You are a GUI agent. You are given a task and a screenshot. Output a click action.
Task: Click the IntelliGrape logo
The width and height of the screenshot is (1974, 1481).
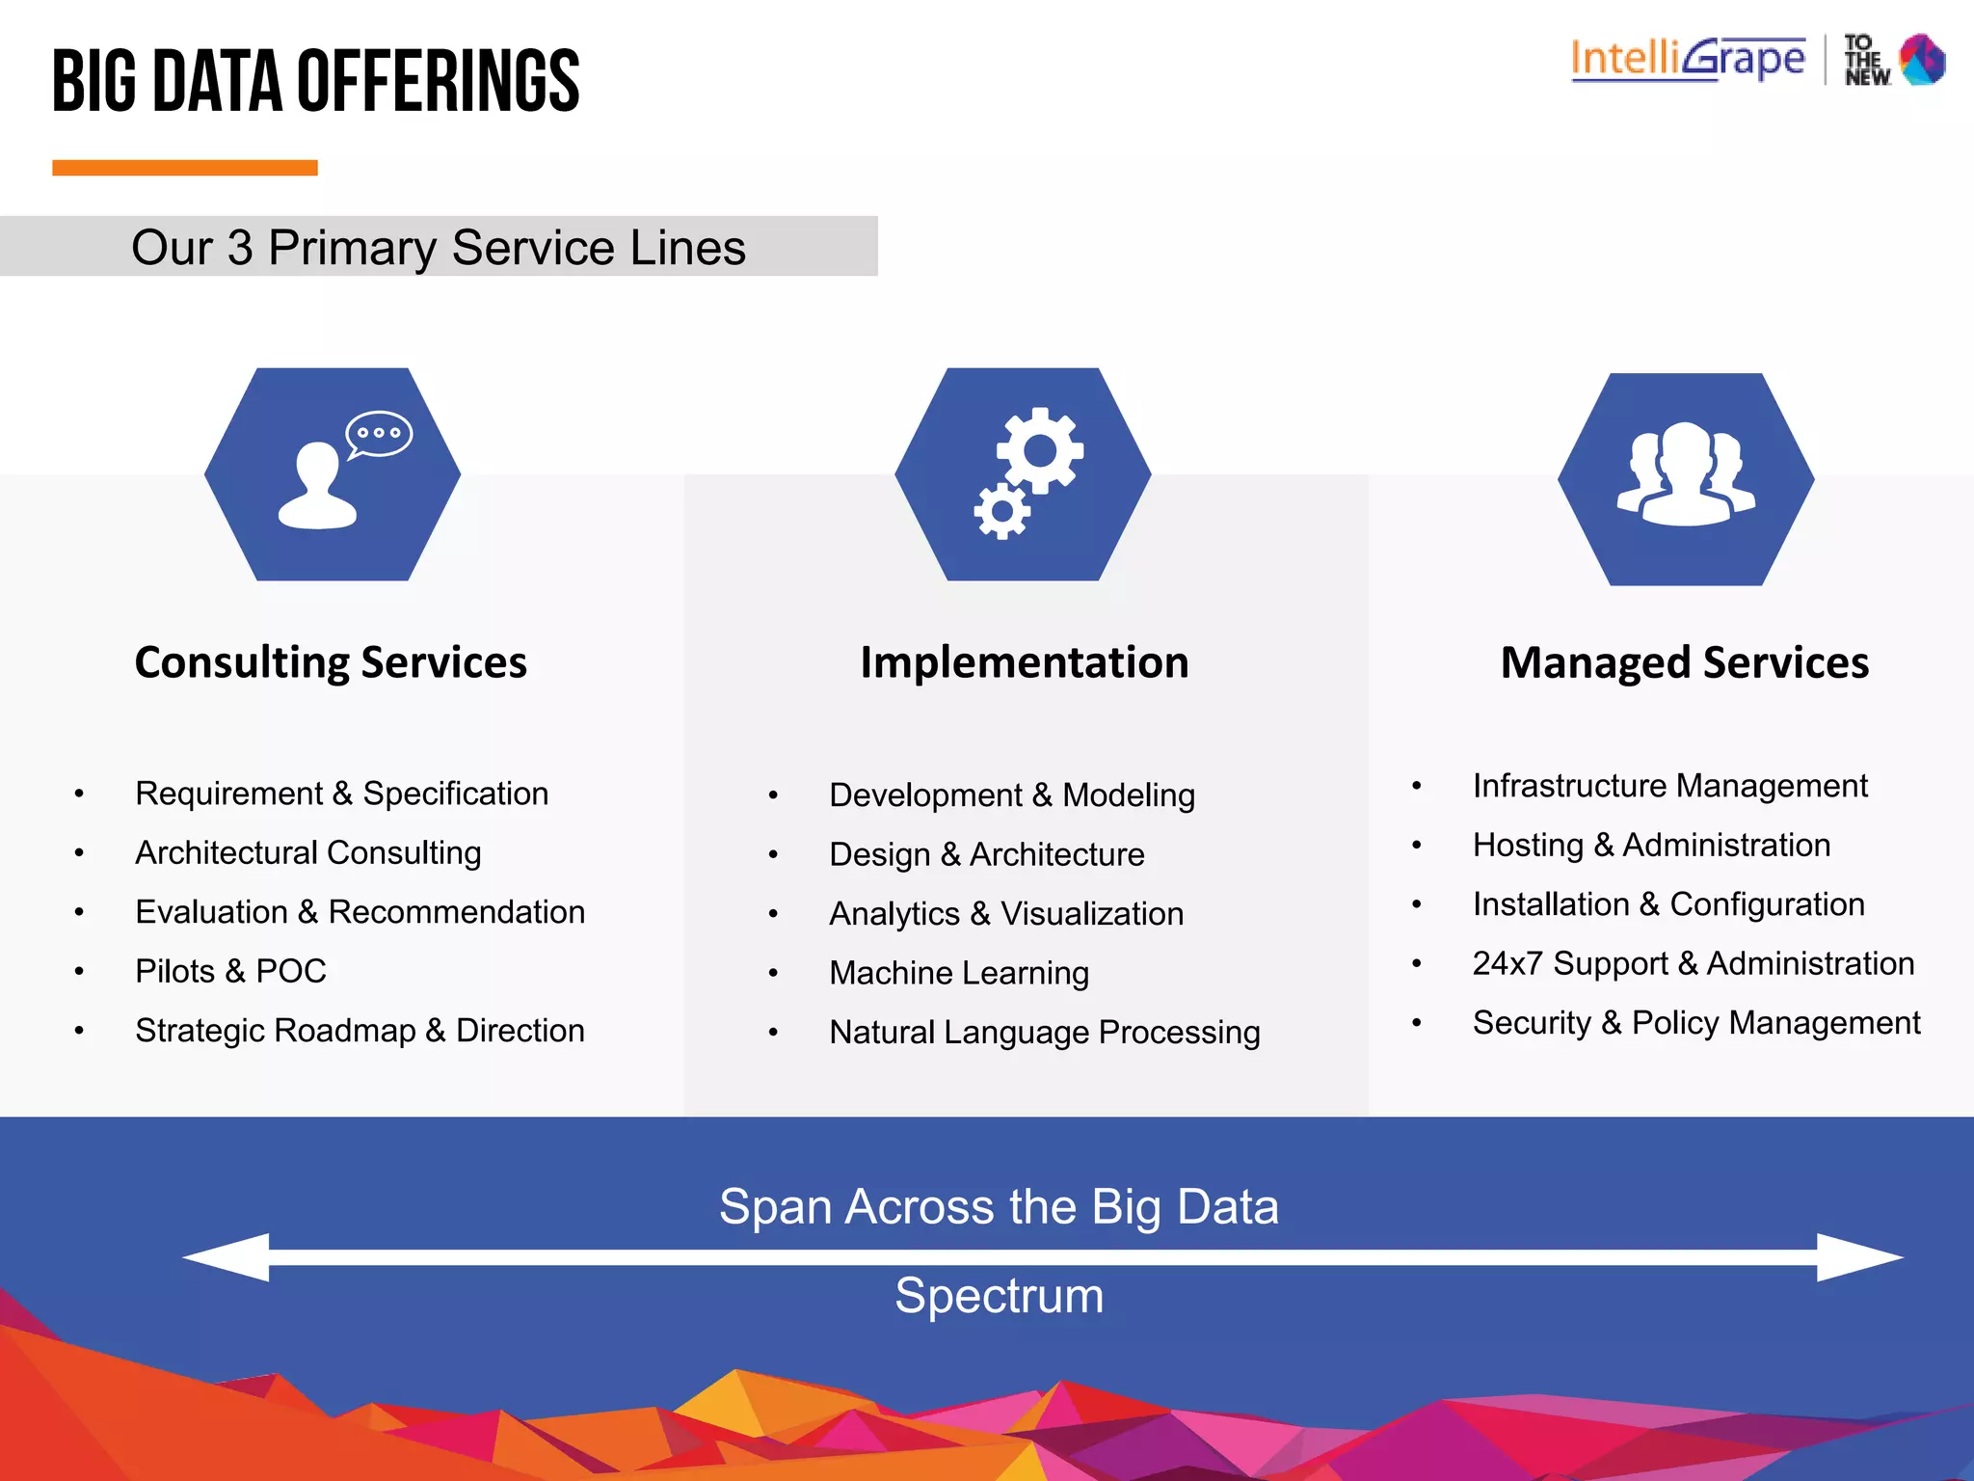[x=1688, y=59]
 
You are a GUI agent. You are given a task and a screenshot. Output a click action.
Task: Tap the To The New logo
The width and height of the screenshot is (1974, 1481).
[x=1894, y=60]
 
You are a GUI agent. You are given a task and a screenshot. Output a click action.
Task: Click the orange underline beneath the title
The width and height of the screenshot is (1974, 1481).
[x=185, y=168]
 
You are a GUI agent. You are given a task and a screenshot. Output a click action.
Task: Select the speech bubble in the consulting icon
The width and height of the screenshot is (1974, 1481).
[x=379, y=434]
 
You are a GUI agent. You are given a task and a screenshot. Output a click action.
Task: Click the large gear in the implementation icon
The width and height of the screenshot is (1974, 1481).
[x=1039, y=450]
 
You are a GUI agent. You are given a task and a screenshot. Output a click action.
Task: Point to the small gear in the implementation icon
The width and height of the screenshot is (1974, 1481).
[x=1001, y=510]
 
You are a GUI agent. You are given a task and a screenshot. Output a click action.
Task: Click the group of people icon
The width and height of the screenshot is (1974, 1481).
[x=1686, y=474]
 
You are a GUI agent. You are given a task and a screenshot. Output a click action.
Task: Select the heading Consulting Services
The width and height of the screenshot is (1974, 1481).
[x=331, y=662]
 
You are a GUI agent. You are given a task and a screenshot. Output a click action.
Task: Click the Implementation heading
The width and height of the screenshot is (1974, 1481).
[x=1024, y=662]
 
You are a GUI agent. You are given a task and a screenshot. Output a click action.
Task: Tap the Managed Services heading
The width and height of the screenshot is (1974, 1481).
[x=1685, y=663]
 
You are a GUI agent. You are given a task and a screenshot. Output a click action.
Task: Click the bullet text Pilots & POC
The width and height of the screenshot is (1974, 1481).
[x=231, y=971]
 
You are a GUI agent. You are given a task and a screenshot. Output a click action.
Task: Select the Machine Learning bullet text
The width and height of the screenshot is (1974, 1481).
[x=959, y=973]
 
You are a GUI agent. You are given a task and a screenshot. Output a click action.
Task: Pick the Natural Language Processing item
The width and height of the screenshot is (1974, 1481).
[x=1045, y=1033]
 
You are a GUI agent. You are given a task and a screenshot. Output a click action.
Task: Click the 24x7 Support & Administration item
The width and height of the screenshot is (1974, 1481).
[x=1694, y=963]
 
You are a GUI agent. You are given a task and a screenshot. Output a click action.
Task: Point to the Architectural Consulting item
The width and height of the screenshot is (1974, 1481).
[x=308, y=852]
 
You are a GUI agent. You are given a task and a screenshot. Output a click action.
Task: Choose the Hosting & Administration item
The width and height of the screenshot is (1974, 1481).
[x=1651, y=845]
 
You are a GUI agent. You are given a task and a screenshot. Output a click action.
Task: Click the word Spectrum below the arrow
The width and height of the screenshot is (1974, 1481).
[x=999, y=1295]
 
